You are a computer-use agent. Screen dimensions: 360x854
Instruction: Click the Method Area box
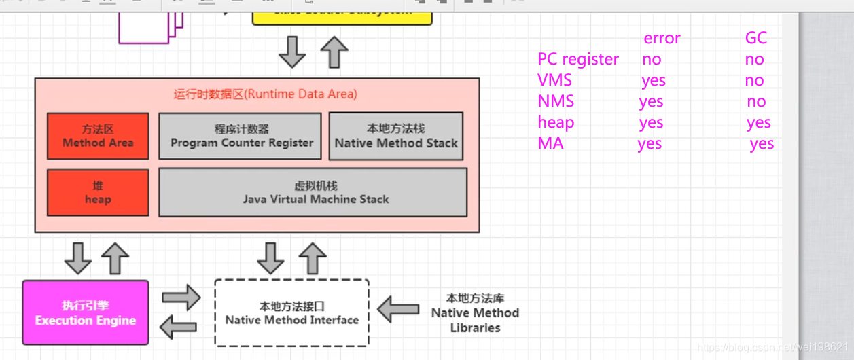click(98, 136)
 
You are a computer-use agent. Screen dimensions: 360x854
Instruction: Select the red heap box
click(98, 192)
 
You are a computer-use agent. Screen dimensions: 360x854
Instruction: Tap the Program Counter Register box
click(240, 136)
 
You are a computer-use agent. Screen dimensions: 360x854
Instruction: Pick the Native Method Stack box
click(396, 136)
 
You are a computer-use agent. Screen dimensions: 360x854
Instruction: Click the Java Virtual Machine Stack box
click(313, 192)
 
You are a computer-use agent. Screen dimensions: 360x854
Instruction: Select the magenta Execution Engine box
click(86, 312)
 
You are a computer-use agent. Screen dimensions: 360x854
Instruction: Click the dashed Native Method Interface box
click(291, 312)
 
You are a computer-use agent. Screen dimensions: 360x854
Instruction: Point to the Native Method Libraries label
click(475, 312)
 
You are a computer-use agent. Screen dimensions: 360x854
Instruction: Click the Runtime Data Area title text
click(265, 94)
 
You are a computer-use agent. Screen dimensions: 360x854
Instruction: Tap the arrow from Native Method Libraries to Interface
click(398, 310)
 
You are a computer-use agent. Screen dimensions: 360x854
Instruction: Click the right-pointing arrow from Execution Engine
click(181, 298)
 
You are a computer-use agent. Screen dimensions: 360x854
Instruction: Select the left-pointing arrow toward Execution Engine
click(179, 327)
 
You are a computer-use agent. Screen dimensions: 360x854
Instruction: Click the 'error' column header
click(662, 39)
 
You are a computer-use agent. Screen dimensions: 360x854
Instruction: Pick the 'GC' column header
click(755, 39)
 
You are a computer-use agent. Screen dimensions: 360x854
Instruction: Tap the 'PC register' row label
click(578, 60)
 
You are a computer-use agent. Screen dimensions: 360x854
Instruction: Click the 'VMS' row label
click(555, 80)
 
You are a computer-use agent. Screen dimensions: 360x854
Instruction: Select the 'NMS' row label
click(556, 101)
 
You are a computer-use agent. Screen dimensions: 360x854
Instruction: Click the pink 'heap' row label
click(556, 122)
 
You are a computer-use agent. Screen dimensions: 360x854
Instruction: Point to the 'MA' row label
click(550, 143)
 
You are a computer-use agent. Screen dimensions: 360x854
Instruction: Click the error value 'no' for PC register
click(652, 60)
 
